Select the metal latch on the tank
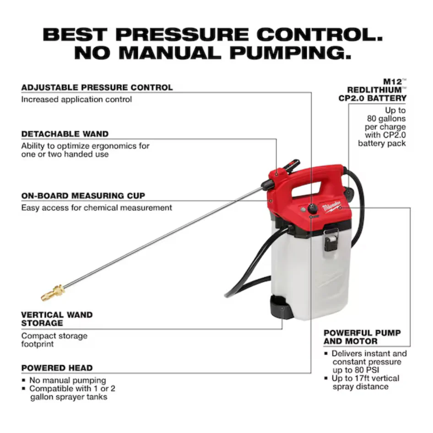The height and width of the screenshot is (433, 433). [331, 239]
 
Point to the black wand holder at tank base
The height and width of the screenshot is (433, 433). [281, 307]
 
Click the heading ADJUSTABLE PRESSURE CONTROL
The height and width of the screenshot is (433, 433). [97, 87]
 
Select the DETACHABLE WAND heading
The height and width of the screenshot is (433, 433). [65, 134]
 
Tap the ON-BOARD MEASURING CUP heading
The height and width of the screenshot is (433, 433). [83, 196]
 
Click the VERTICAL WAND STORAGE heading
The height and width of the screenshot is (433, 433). [57, 319]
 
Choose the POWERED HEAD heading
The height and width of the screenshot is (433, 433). [57, 368]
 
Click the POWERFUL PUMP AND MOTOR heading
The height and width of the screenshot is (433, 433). [362, 337]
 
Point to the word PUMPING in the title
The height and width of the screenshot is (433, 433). [290, 53]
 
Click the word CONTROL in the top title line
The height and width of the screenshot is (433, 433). [320, 34]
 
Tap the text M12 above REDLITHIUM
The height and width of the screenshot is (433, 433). [393, 82]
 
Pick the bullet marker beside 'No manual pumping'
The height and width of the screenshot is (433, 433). [23, 380]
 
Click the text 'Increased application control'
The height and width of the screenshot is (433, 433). [76, 99]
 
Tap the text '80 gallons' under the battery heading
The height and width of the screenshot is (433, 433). [386, 119]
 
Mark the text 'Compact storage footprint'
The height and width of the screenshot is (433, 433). [54, 340]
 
